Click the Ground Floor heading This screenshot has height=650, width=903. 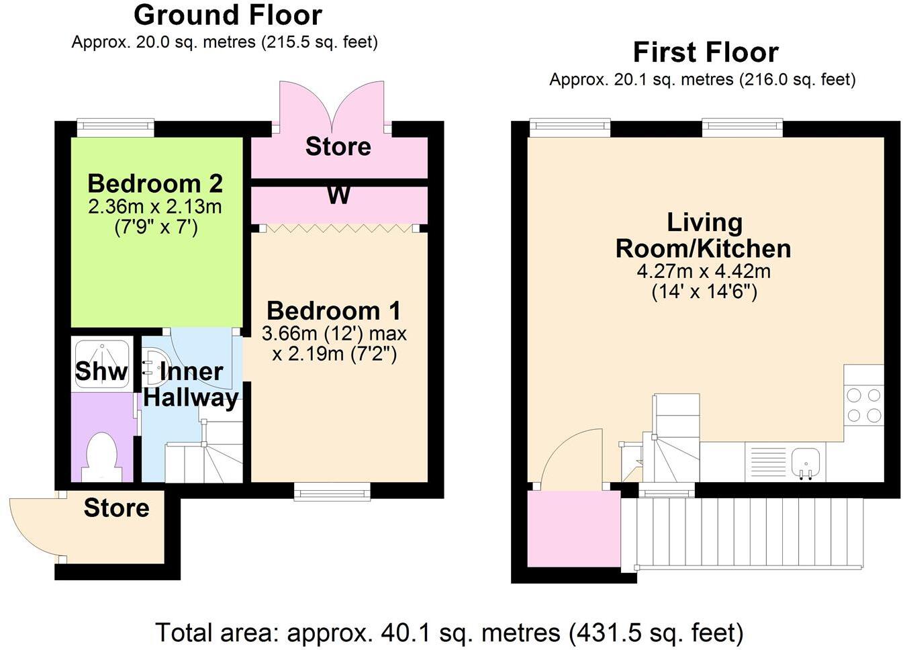(x=228, y=16)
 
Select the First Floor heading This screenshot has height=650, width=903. (x=706, y=53)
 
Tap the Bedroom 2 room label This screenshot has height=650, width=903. (x=155, y=184)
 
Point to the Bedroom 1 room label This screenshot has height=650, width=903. (x=334, y=311)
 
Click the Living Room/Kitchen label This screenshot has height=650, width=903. (x=704, y=236)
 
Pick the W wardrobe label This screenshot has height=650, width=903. (x=338, y=195)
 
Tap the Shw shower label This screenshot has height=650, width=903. (x=101, y=371)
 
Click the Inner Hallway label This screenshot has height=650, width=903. (x=191, y=384)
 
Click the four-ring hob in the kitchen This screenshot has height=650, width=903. (x=863, y=405)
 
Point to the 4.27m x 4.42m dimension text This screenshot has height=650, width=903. (x=704, y=271)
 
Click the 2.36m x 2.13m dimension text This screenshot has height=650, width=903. (x=155, y=207)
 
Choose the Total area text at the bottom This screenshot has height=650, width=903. (x=449, y=633)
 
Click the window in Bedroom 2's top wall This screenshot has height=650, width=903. (x=115, y=128)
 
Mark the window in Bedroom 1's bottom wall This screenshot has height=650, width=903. (x=332, y=492)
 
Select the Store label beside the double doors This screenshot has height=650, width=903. (x=338, y=146)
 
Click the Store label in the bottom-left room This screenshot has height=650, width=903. (x=117, y=508)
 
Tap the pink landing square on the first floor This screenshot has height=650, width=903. (x=574, y=528)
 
